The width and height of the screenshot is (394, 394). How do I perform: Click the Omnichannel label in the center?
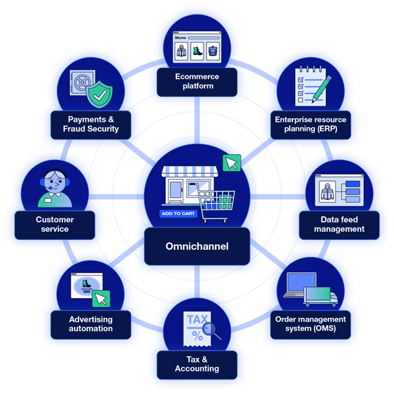coord(197,247)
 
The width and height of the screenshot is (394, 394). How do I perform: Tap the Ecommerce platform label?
coord(197,81)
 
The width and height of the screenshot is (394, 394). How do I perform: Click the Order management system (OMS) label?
coord(311,323)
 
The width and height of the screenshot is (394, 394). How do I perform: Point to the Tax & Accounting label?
coord(197,364)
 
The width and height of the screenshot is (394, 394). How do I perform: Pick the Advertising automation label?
coord(91,324)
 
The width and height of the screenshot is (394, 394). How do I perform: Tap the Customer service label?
coord(55,224)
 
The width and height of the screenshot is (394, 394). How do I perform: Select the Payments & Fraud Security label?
coord(93,125)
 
